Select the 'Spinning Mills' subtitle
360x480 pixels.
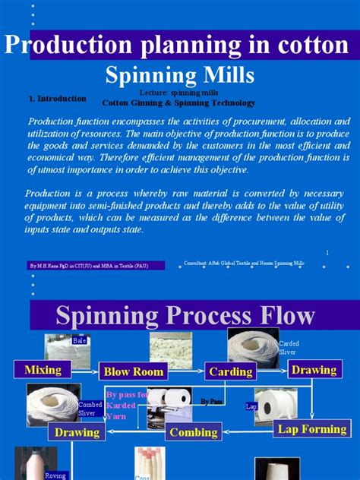[x=179, y=75]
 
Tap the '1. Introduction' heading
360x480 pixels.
[x=57, y=99]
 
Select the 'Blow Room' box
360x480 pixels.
[x=133, y=371]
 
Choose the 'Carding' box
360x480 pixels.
[x=230, y=371]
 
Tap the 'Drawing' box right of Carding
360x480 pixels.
[x=314, y=370]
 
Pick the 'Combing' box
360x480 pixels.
[x=194, y=432]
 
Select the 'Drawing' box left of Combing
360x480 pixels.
[x=77, y=432]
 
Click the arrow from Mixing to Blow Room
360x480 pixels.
[x=85, y=371]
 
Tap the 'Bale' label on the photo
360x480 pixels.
[x=80, y=341]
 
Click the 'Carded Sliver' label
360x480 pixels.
[x=289, y=348]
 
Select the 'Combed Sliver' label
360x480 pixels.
[x=90, y=409]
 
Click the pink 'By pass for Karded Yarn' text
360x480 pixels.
[x=125, y=405]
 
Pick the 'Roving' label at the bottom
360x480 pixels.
[x=55, y=475]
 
